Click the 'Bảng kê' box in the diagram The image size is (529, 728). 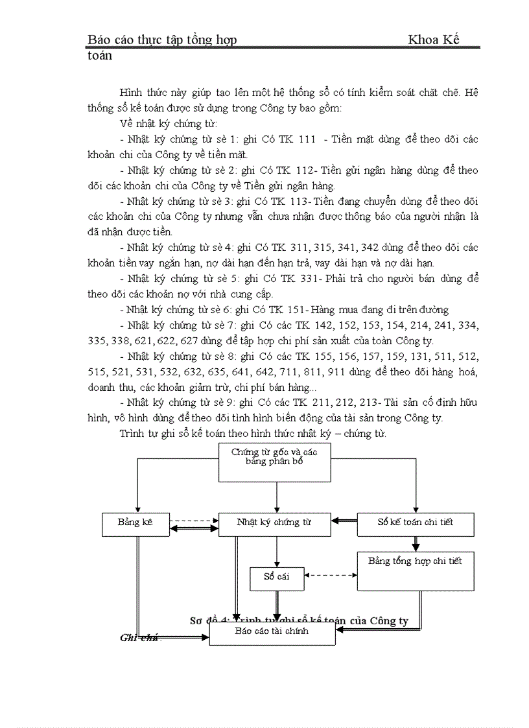point(135,523)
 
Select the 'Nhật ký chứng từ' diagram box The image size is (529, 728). point(275,523)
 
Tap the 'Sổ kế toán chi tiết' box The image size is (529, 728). point(415,523)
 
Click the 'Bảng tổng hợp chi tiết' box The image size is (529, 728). point(415,570)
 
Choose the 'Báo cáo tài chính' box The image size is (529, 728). point(272,632)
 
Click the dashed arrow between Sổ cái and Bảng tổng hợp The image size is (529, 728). point(331,575)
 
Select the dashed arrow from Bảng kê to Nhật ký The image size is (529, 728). point(194,520)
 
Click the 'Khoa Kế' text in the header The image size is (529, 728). point(433,40)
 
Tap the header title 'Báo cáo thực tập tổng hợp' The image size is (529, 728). point(162,40)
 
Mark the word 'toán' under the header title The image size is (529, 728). point(100,56)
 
